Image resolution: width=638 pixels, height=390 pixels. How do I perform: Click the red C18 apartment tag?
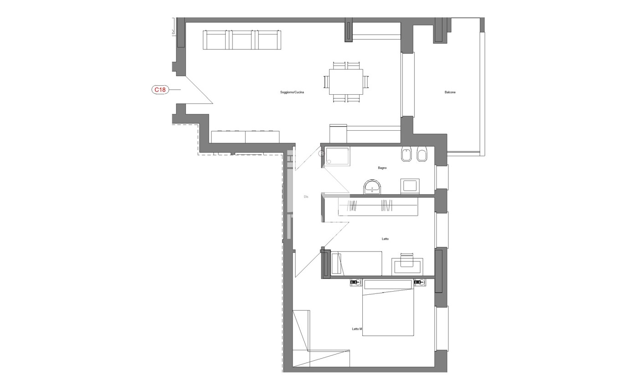tap(160, 90)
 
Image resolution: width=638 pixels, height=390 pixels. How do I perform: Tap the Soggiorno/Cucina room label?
tap(292, 92)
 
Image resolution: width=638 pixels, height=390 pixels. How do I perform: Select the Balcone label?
tap(450, 92)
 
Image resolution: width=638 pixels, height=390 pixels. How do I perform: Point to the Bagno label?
tap(382, 168)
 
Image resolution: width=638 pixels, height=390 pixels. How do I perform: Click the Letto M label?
tap(357, 329)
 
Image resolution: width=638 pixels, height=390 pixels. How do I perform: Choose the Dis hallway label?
tap(306, 197)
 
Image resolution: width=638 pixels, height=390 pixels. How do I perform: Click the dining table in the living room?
tap(346, 82)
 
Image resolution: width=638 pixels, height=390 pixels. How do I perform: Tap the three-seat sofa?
tap(242, 40)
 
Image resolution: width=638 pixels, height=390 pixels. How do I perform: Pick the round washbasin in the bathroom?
tap(372, 187)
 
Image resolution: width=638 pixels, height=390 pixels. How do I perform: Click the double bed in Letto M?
tap(388, 308)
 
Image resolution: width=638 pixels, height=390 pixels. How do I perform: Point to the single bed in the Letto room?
tap(356, 263)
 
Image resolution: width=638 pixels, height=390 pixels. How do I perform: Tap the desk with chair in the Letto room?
tap(407, 265)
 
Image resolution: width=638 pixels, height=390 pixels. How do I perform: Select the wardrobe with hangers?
tap(378, 206)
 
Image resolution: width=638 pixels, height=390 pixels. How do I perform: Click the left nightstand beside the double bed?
tap(356, 282)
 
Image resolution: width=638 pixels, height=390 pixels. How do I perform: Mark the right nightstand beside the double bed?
tap(420, 282)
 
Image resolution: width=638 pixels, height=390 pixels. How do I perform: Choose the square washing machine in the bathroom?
tap(410, 186)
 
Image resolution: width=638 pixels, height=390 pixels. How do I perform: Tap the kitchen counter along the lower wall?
tap(245, 137)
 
